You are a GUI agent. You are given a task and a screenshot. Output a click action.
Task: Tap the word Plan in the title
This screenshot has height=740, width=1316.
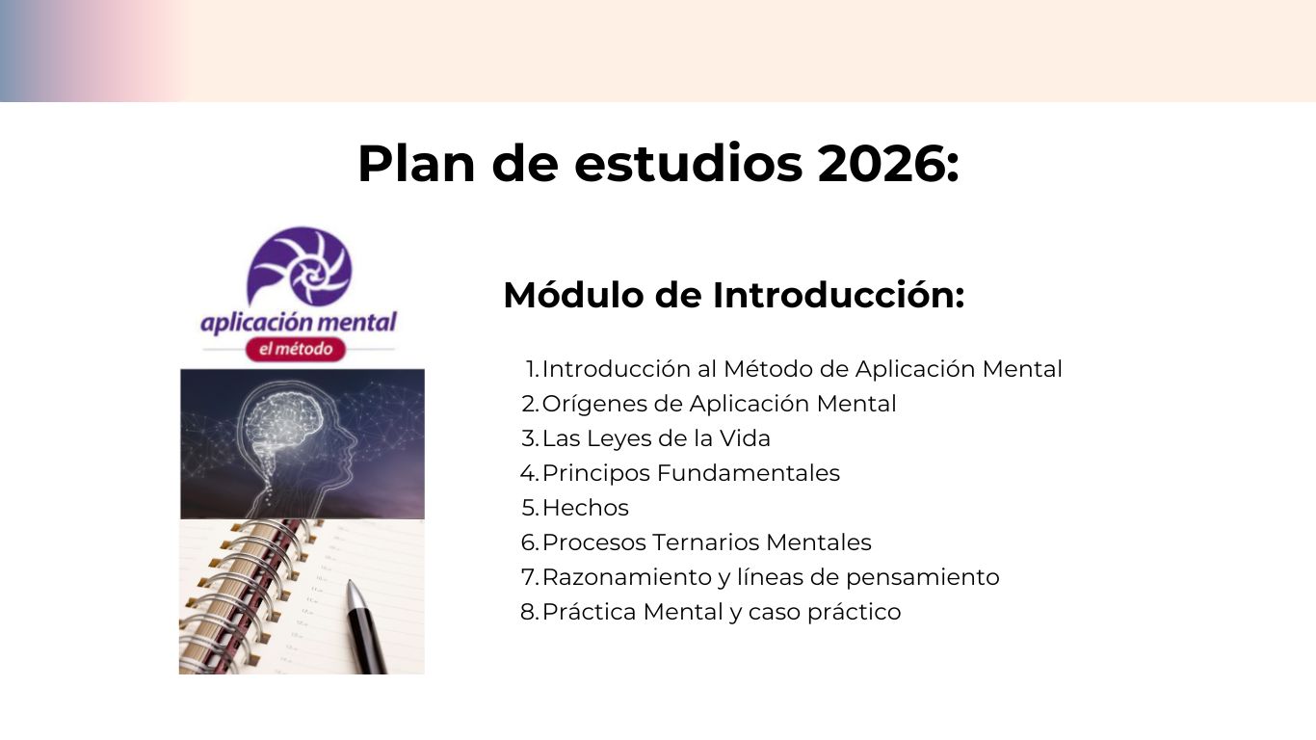[416, 163]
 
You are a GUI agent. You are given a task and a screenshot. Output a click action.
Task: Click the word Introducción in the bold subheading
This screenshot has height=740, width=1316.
[838, 295]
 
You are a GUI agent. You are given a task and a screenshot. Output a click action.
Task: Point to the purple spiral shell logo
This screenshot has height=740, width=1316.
[300, 266]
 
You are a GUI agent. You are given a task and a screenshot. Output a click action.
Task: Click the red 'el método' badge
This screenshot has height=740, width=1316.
[296, 349]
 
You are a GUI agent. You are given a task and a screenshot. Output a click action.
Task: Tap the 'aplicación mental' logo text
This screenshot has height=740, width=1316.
[299, 323]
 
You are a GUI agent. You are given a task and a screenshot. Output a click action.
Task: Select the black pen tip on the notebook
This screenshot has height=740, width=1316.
[353, 591]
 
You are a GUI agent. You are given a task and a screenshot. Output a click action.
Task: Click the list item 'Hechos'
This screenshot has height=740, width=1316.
[585, 508]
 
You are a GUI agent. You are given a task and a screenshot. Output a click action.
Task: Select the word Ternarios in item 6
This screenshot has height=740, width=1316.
[705, 542]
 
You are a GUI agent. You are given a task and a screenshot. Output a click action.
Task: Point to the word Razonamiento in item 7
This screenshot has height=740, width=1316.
[626, 577]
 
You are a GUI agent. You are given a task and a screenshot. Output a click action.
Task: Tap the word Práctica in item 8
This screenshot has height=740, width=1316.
[590, 612]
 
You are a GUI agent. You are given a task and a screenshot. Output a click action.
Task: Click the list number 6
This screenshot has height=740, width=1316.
[529, 542]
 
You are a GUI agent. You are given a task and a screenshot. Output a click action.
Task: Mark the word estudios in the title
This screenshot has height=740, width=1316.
[688, 164]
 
